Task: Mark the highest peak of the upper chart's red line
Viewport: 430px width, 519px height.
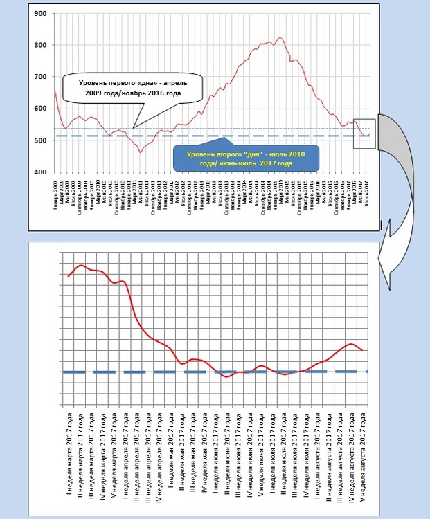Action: (x=280, y=37)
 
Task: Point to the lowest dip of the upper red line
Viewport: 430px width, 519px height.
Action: (x=140, y=152)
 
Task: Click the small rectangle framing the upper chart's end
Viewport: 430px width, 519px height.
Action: (x=364, y=134)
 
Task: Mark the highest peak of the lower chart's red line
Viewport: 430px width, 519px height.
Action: (x=81, y=265)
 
